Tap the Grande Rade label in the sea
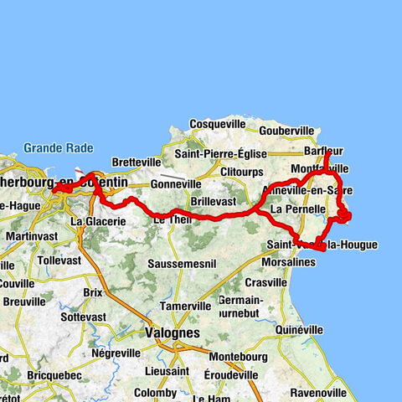[x=53, y=148]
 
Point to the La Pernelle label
[x=292, y=209]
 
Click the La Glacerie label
[x=98, y=221]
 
